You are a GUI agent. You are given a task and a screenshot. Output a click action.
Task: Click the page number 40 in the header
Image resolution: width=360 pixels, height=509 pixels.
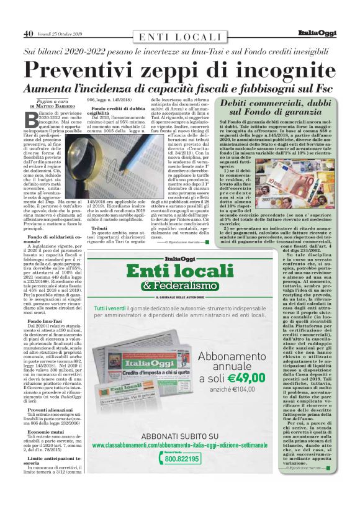point(28,34)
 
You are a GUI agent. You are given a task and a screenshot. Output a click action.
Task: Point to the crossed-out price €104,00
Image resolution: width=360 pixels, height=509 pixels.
point(248,389)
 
